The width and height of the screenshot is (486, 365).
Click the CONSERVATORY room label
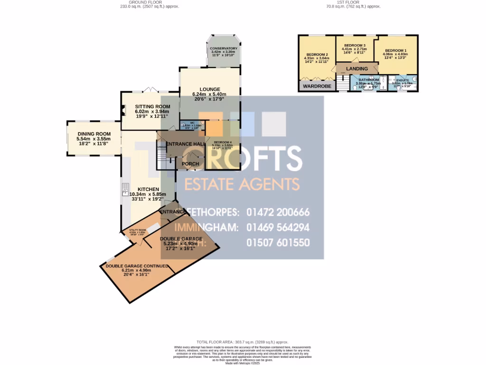pos(224,48)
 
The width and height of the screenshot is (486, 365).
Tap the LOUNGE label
pos(210,89)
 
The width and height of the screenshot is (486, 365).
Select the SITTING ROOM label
pos(152,106)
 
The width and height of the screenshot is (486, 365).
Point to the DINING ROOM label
pos(94,134)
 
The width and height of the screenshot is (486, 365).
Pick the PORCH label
pos(191,164)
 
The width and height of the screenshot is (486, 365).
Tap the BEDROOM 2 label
pos(317,54)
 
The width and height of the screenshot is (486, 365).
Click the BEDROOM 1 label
pos(395,50)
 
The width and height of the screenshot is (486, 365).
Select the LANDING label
pos(357,69)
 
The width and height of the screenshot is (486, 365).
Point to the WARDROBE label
pos(317,86)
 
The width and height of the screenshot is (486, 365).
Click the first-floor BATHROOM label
pos(369,79)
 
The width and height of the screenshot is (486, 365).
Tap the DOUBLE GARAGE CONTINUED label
pos(137,266)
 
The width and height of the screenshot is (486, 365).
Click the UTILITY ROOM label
pos(137,230)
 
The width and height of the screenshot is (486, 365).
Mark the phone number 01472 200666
pos(278,212)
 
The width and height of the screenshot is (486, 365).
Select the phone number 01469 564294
pos(278,227)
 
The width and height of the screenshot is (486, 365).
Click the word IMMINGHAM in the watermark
pos(206,228)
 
